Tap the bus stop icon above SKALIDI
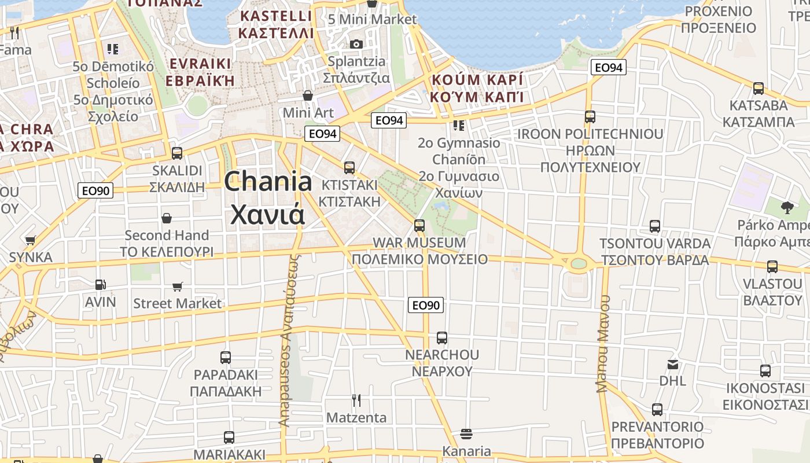click(177, 153)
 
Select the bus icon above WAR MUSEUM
click(419, 225)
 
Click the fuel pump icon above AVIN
click(101, 284)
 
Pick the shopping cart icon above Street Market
click(178, 286)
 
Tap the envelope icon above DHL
click(672, 365)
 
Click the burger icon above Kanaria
click(466, 433)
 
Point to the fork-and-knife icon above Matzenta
click(356, 400)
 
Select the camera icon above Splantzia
click(356, 44)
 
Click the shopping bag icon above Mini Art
click(308, 95)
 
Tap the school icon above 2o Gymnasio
click(459, 125)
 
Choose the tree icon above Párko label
click(787, 207)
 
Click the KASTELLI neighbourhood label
click(276, 16)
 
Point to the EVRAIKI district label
click(200, 64)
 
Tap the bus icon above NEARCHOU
click(442, 337)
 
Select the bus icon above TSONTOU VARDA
click(655, 226)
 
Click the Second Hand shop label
click(167, 235)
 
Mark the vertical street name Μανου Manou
click(603, 344)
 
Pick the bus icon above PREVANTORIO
click(657, 410)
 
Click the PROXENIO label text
click(718, 12)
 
